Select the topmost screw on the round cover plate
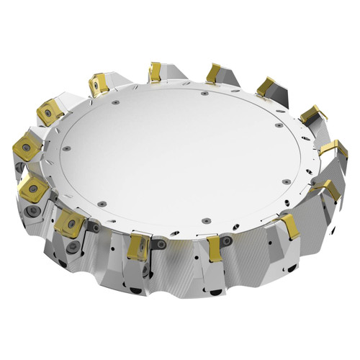coord(205,93)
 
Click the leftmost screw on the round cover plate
coord(66,148)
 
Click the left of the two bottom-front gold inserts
coord(140,246)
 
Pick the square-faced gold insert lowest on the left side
coord(71,223)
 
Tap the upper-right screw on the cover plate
coord(278,125)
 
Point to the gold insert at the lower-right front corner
coord(289,225)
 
